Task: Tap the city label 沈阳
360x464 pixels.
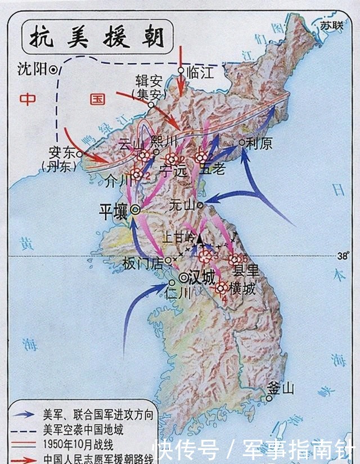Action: click(x=31, y=69)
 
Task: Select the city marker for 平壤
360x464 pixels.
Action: click(x=136, y=210)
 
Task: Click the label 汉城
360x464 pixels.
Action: click(x=203, y=278)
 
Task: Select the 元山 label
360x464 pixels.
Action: click(x=182, y=206)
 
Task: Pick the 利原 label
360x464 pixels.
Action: click(x=259, y=145)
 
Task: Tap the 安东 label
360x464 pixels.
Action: click(x=62, y=153)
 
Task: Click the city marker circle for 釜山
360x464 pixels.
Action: click(x=269, y=398)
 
